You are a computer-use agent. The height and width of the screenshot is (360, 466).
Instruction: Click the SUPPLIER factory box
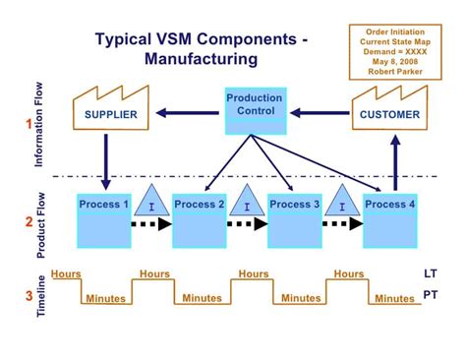tap(105, 113)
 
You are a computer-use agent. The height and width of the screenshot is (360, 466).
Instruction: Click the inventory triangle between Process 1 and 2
tap(151, 203)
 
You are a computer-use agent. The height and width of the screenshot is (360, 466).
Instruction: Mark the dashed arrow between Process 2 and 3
tap(247, 224)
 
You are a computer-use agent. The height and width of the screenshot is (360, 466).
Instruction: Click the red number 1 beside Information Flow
tap(29, 124)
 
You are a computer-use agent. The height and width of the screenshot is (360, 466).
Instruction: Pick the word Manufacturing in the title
tap(201, 60)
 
